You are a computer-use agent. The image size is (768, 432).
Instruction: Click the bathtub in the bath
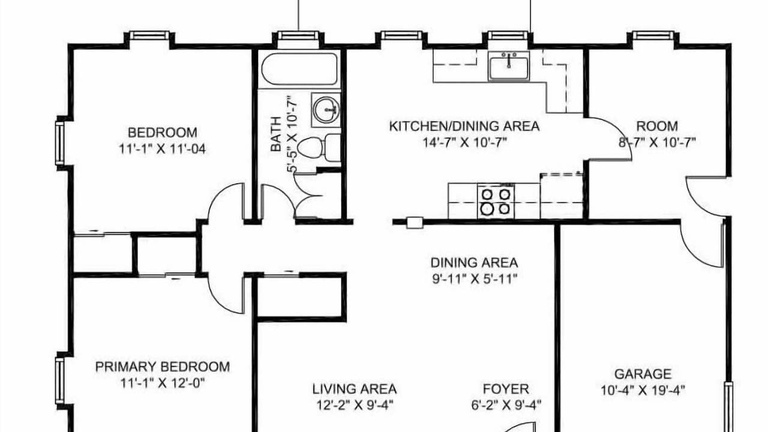coord(299,69)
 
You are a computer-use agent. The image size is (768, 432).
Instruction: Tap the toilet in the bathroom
coord(319,148)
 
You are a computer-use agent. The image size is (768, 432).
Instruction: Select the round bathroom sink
coord(326,110)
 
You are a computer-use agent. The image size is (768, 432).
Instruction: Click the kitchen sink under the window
coord(509,66)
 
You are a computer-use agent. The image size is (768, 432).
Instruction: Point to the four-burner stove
coord(496,201)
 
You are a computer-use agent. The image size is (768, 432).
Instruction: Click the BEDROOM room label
coord(163,133)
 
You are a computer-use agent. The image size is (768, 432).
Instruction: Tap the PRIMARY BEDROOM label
coord(163,367)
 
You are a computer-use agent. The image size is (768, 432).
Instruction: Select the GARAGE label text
coord(643,374)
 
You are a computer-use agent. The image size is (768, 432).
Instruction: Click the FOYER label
coord(506,389)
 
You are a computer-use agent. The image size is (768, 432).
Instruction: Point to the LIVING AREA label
coord(355,389)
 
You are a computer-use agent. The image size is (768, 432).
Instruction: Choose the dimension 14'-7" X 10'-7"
coord(464,142)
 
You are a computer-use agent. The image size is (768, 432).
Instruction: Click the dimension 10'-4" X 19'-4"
coord(643,390)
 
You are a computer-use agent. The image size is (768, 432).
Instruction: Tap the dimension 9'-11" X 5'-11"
coord(475,279)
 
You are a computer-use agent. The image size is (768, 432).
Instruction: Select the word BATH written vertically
coord(276,134)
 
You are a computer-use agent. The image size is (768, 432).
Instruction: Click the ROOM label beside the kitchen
coord(657,126)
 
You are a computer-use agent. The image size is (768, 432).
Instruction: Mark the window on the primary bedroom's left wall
coord(59,380)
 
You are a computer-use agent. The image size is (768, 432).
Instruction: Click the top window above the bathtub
coord(298,35)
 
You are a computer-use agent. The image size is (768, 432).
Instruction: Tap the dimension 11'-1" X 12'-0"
coord(163,383)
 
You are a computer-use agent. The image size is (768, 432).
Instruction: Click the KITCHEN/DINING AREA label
coord(464,126)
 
